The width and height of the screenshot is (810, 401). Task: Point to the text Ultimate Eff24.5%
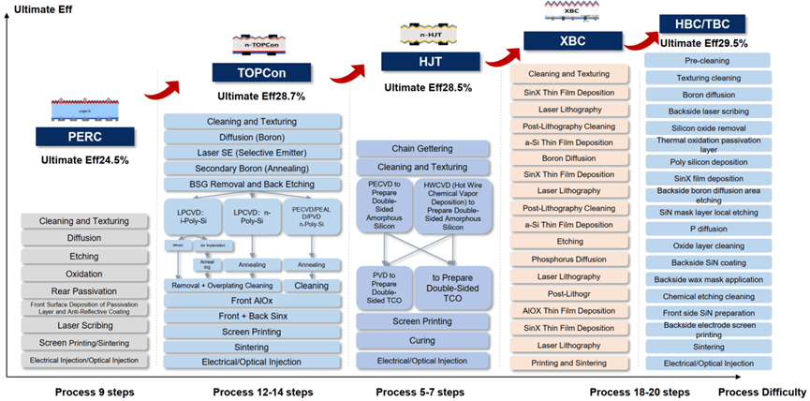85,160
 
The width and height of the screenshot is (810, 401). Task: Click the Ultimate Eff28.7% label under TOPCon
261,96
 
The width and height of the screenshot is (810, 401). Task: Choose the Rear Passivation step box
84,290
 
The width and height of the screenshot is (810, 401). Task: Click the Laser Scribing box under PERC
84,325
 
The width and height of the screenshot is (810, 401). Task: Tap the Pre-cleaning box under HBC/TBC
708,59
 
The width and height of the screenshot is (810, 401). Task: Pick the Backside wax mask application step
708,279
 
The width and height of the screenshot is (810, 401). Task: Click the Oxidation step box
84,273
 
